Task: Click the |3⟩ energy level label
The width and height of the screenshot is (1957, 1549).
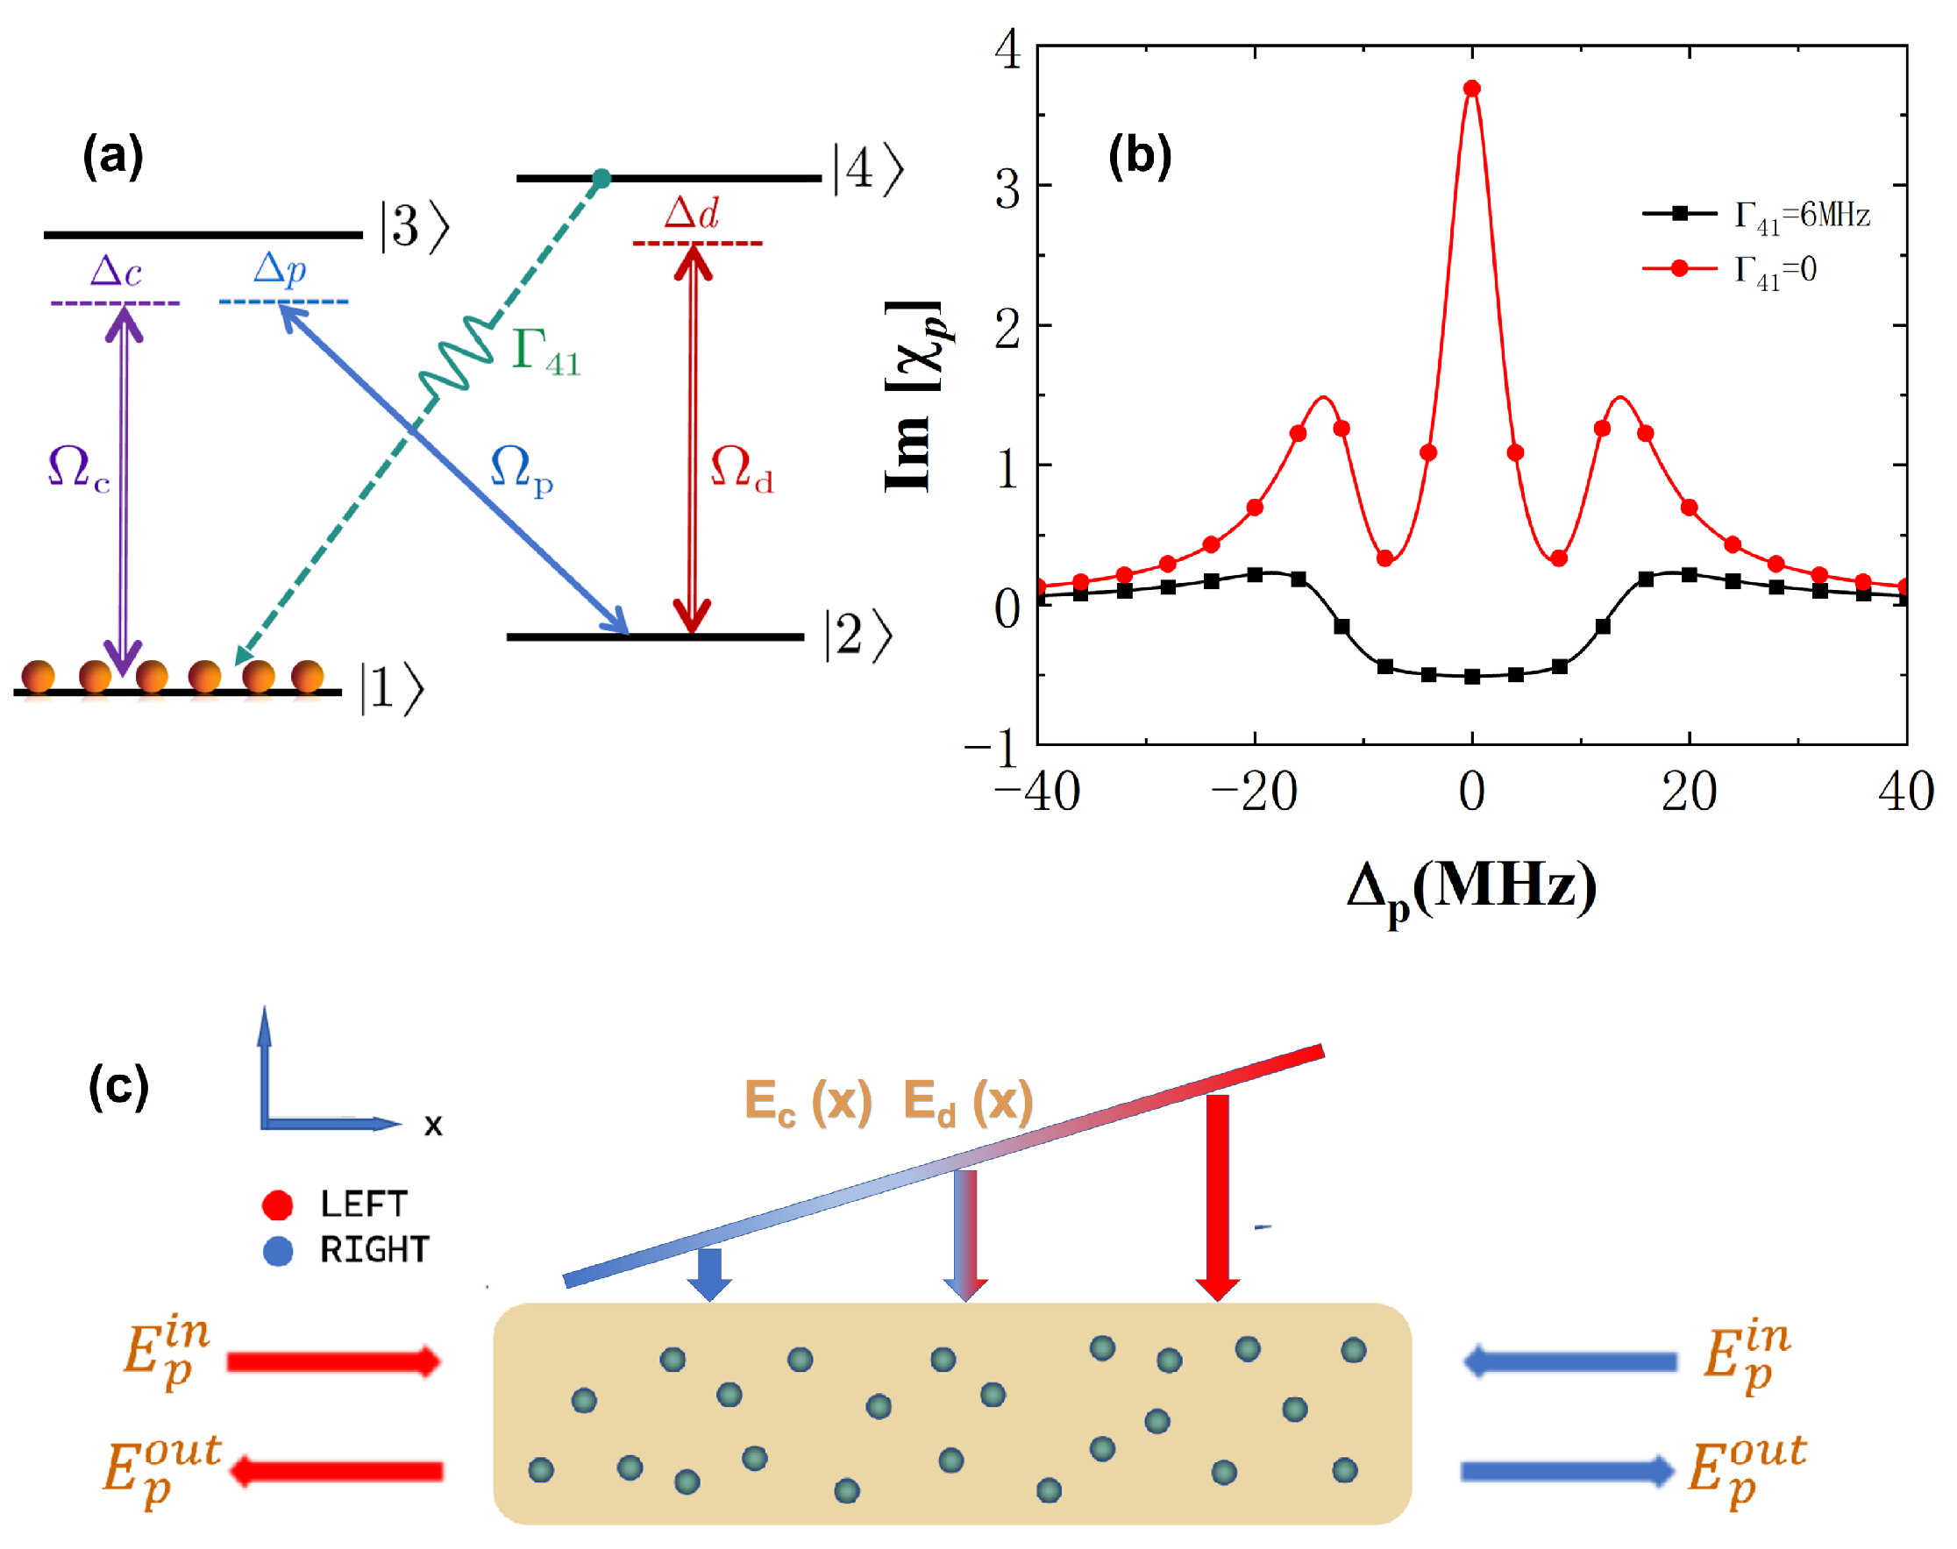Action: point(415,226)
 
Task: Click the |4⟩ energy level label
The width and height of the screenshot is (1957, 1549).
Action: point(868,169)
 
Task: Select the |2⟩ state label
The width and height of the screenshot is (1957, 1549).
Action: point(857,636)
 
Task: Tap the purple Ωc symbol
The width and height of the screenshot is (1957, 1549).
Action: point(79,469)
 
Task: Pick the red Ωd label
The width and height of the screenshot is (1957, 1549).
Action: point(741,469)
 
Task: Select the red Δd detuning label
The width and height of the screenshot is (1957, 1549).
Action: point(691,213)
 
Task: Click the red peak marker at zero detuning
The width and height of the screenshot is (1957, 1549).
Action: point(1472,88)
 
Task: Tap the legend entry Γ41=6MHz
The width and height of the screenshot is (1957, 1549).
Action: point(1801,216)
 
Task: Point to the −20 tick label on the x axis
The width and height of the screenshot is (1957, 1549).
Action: point(1253,792)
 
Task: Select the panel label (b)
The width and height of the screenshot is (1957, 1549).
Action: point(1139,155)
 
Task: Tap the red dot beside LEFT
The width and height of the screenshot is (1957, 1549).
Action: point(276,1204)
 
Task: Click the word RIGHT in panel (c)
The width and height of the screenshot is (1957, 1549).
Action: point(374,1251)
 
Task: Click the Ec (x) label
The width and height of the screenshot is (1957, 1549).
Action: point(808,1102)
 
